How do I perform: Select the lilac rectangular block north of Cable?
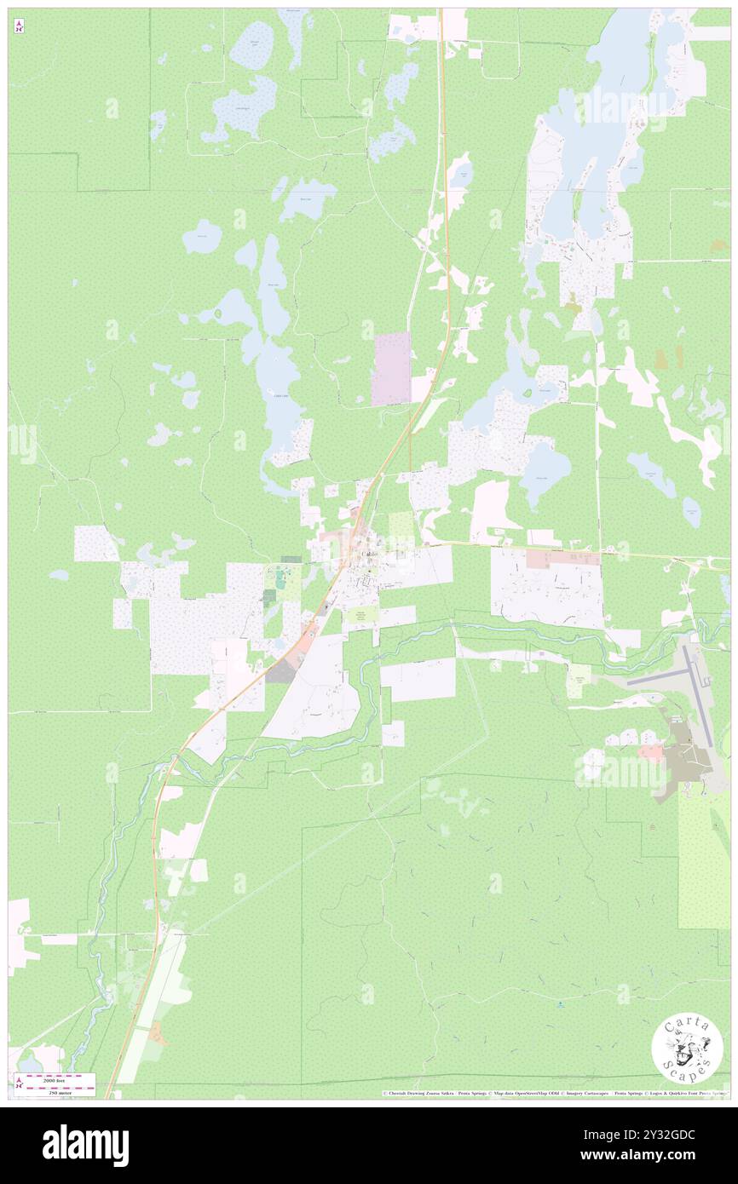[x=391, y=368]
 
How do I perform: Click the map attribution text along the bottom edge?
[x=554, y=1093]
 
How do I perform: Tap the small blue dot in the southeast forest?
[x=560, y=1005]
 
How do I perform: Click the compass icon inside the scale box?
[x=19, y=1083]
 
